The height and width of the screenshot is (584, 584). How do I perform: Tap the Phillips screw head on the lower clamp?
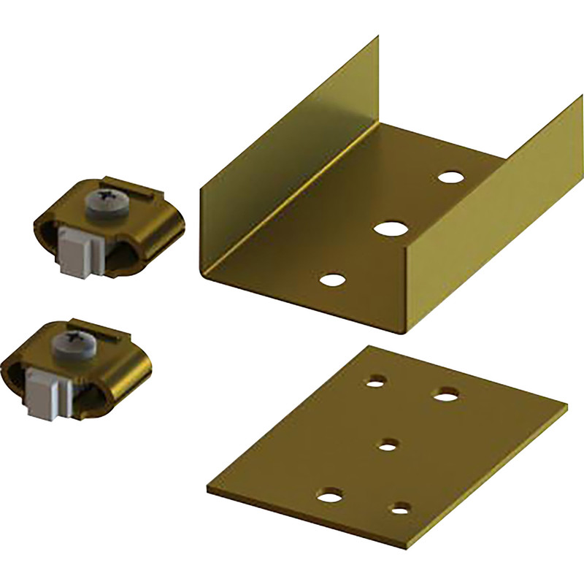pyautogui.click(x=74, y=339)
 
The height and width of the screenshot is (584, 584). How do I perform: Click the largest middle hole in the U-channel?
pyautogui.click(x=390, y=227)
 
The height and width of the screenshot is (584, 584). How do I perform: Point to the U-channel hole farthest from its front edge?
pyautogui.click(x=452, y=177)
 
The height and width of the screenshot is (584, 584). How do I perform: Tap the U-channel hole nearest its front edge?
pyautogui.click(x=332, y=279)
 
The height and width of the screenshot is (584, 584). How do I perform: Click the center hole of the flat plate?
pyautogui.click(x=389, y=443)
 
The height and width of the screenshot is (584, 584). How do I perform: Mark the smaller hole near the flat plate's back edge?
pyautogui.click(x=377, y=380)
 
